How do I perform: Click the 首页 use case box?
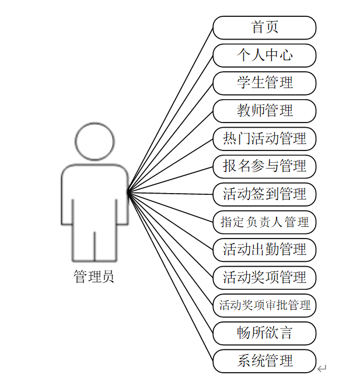(264, 27)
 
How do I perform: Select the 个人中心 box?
(264, 55)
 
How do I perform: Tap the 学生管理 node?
(264, 83)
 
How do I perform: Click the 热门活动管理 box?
(264, 139)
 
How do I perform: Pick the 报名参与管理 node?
(264, 166)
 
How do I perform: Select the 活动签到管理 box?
(264, 194)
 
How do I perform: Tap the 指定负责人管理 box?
(264, 222)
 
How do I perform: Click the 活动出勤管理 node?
(264, 250)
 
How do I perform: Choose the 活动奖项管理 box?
(264, 277)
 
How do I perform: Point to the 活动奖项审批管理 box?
(264, 305)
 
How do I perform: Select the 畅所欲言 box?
(264, 333)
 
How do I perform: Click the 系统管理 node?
(264, 361)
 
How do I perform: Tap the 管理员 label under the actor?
(94, 276)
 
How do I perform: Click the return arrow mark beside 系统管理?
(322, 368)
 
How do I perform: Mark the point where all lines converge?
(128, 191)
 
